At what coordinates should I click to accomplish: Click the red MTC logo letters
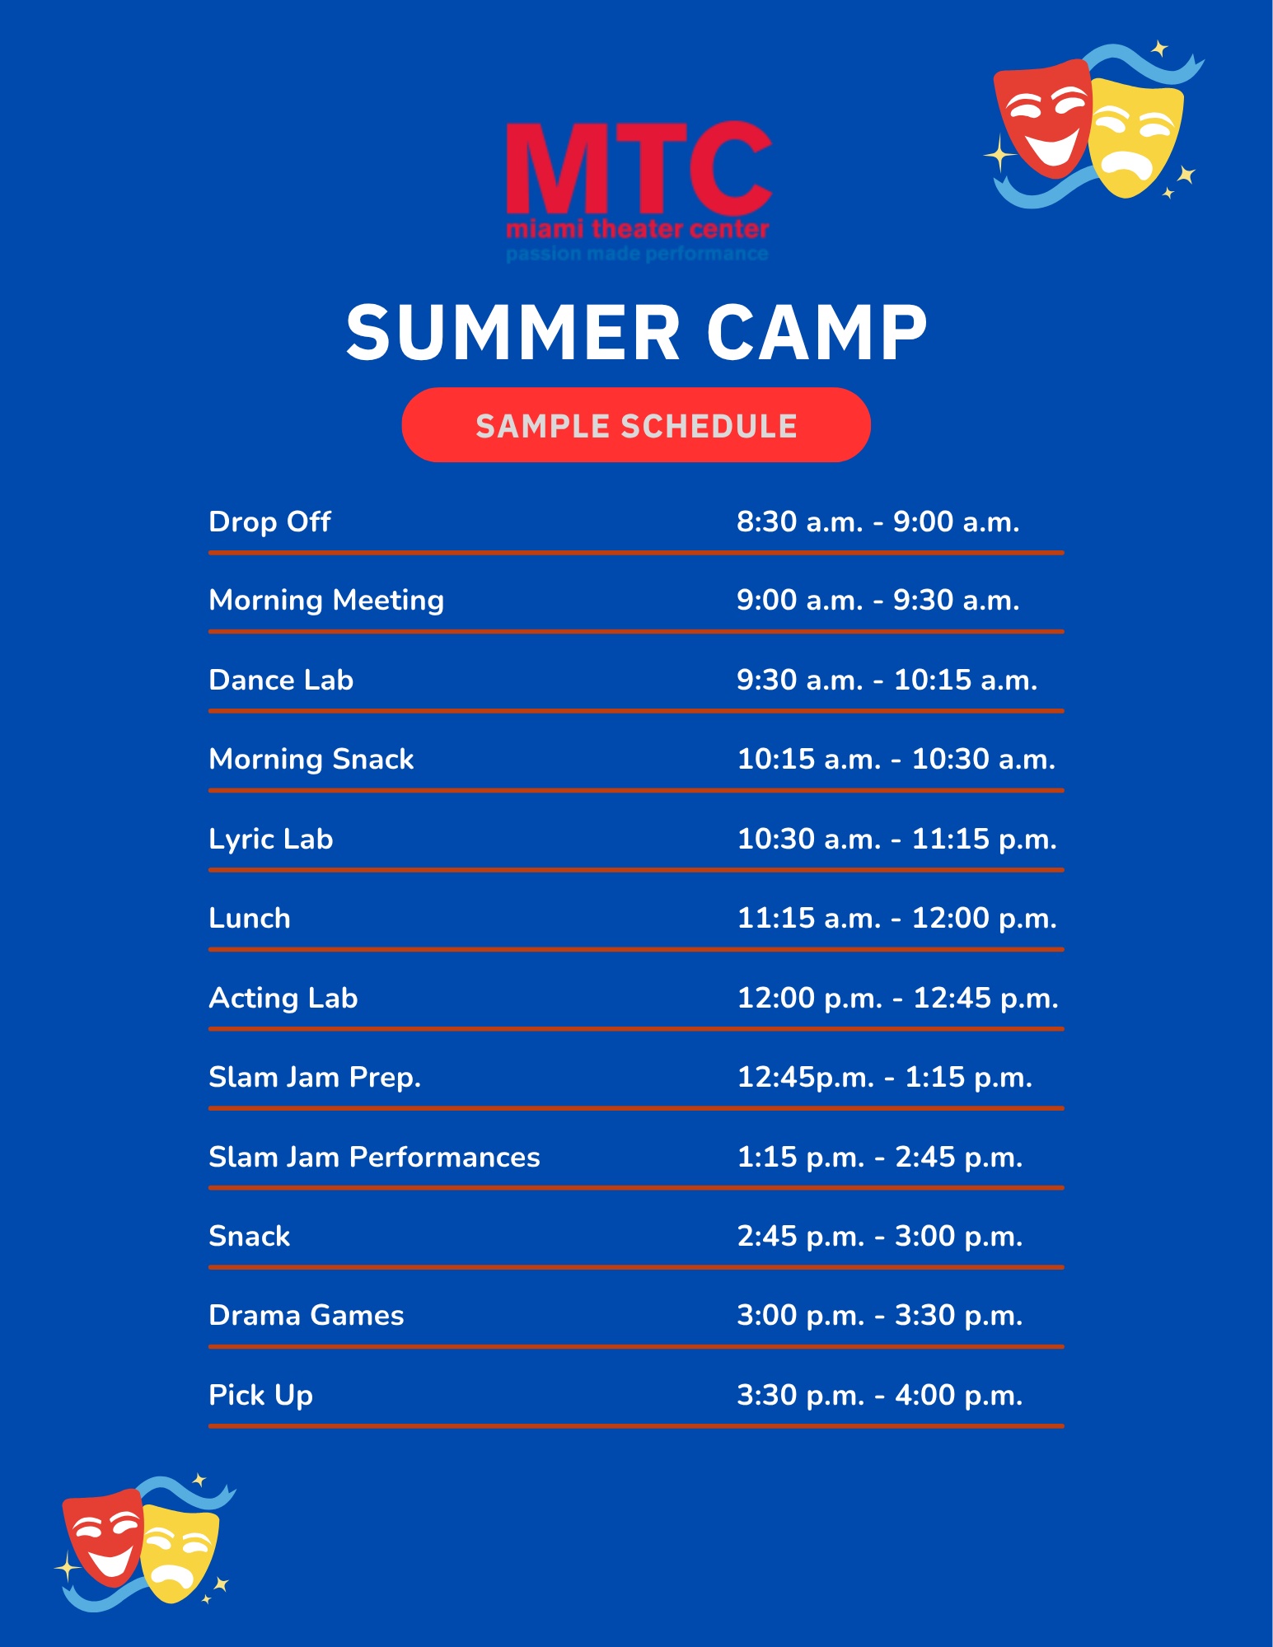[x=639, y=169]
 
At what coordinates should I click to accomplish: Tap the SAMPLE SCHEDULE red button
[x=636, y=425]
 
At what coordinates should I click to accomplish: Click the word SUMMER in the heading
[x=513, y=332]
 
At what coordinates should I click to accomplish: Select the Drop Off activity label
[x=269, y=522]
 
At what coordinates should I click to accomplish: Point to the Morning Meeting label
[x=326, y=601]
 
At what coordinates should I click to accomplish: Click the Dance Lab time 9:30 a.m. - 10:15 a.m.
[x=887, y=680]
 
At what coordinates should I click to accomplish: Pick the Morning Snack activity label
[x=311, y=760]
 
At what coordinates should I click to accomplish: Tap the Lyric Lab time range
[x=896, y=839]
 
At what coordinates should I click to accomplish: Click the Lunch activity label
[x=250, y=918]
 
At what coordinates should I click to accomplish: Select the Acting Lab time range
[x=897, y=998]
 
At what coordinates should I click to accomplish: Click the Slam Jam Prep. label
[x=315, y=1078]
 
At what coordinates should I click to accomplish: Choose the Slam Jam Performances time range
[x=880, y=1157]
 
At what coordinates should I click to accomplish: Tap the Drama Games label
[x=307, y=1315]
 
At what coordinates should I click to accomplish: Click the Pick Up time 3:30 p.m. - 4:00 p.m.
[x=880, y=1395]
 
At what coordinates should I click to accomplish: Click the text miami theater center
[x=638, y=228]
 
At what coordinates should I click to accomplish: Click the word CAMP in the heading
[x=817, y=332]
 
